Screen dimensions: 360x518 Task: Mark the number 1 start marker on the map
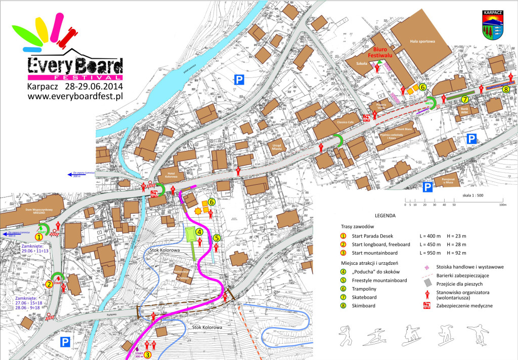click(38, 236)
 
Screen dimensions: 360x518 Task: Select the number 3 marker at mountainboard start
click(147, 355)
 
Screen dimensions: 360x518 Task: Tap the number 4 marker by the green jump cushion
click(200, 232)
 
